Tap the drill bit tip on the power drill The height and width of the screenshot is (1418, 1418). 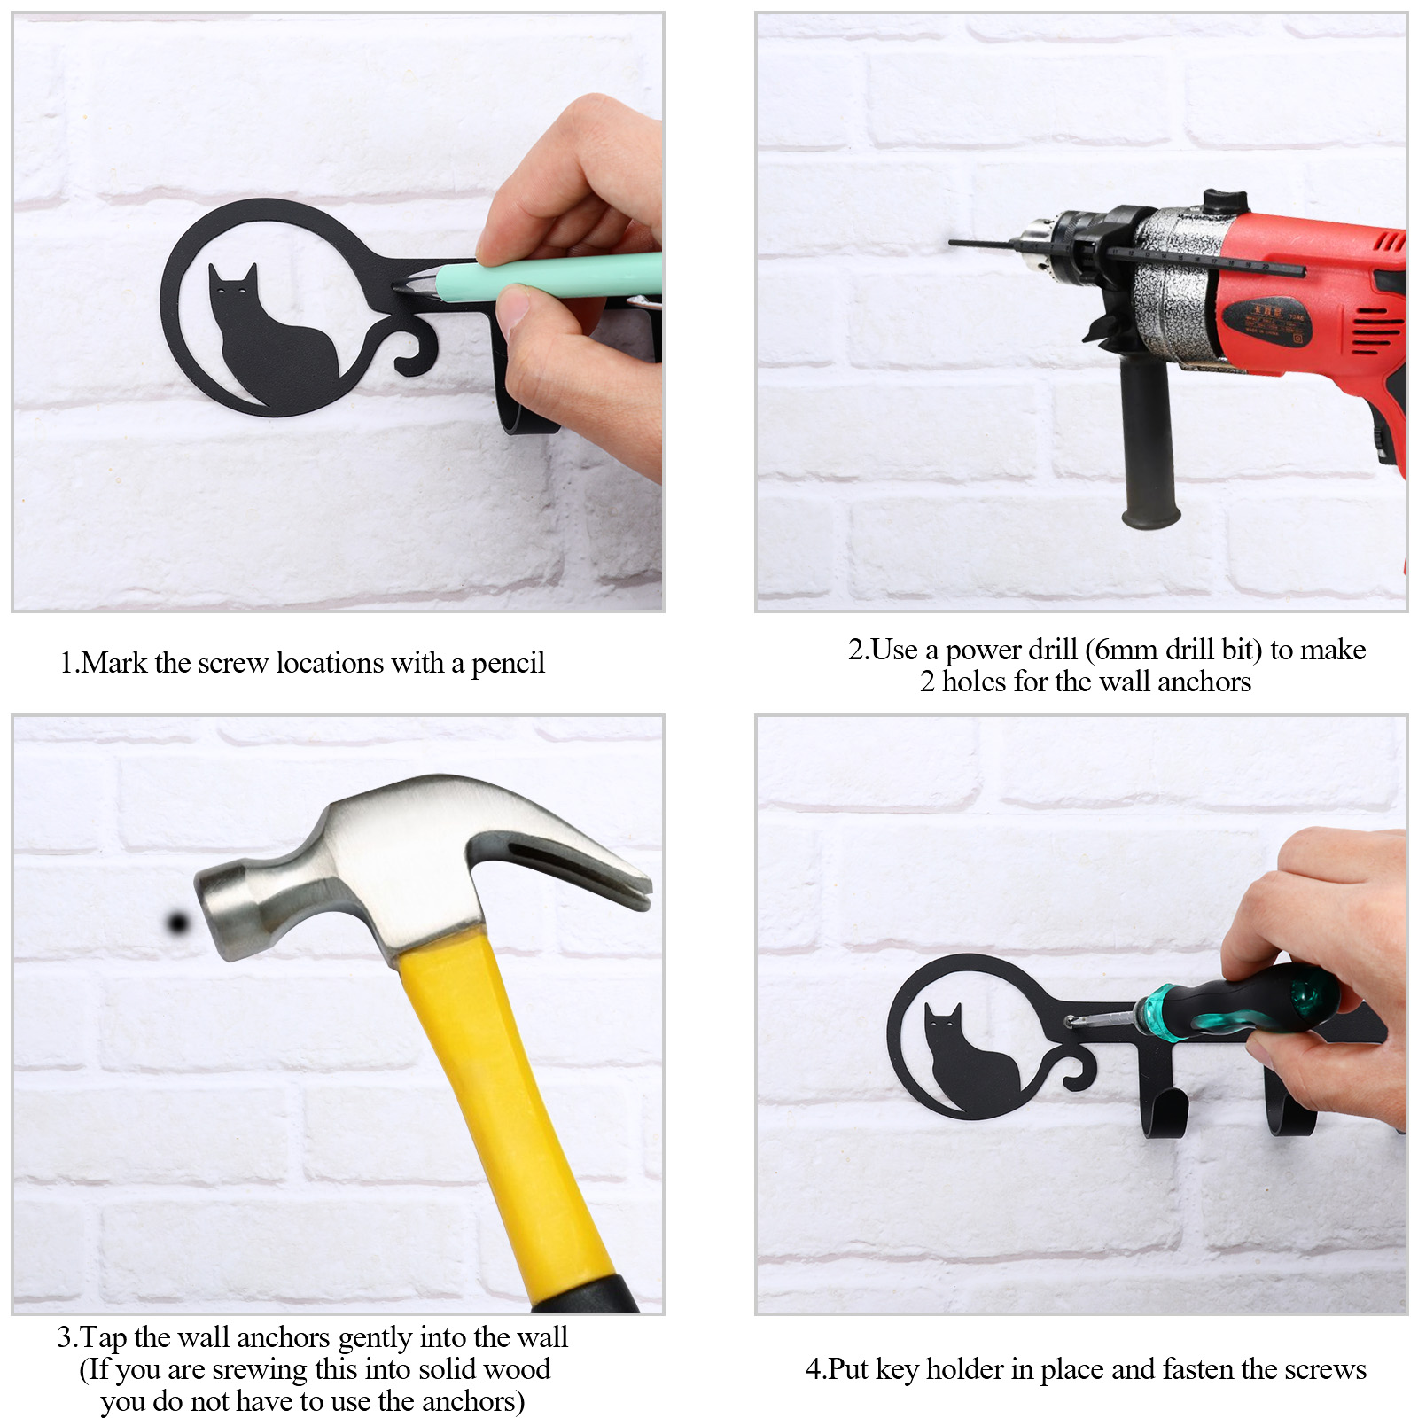(x=951, y=241)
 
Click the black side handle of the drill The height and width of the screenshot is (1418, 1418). (x=1149, y=442)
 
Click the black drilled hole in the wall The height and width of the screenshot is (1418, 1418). (x=178, y=923)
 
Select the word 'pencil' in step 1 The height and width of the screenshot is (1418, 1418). (x=508, y=663)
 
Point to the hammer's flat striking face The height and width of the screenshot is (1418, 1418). (x=213, y=913)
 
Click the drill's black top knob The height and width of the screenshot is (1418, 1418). (x=1225, y=200)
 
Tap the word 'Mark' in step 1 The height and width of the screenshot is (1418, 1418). (x=113, y=663)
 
